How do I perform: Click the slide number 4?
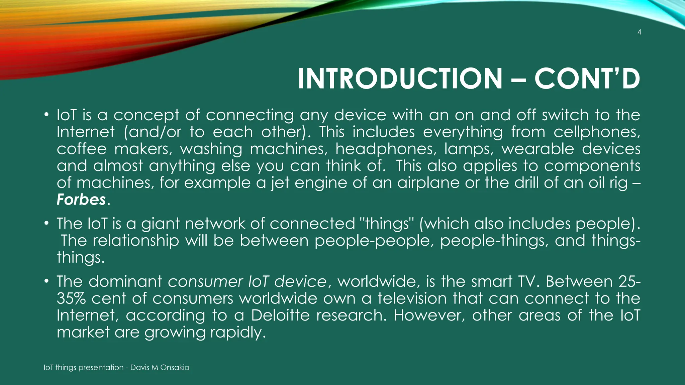[639, 32]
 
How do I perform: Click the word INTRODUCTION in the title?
[400, 79]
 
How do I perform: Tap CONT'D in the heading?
[587, 79]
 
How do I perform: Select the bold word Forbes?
[81, 200]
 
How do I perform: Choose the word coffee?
[81, 149]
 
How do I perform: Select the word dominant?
[125, 281]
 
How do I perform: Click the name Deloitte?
[280, 315]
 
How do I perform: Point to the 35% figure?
[71, 298]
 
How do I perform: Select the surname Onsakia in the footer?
[175, 368]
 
